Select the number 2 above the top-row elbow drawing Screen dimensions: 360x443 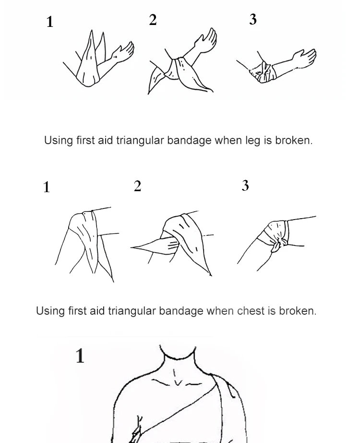click(x=153, y=20)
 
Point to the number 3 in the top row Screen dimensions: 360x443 click(x=253, y=19)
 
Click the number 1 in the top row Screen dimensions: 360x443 click(x=50, y=22)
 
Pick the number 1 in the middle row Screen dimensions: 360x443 click(x=47, y=187)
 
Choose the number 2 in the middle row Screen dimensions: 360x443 click(x=137, y=186)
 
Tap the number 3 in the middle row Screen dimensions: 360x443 click(x=245, y=185)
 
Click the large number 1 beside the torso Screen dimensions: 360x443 click(x=80, y=356)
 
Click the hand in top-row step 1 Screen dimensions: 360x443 click(x=123, y=53)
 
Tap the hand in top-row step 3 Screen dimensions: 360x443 click(x=304, y=58)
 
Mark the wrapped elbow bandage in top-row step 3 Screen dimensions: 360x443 click(x=263, y=72)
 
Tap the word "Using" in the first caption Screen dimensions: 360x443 click(x=59, y=140)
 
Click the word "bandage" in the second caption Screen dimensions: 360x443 click(x=181, y=311)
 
